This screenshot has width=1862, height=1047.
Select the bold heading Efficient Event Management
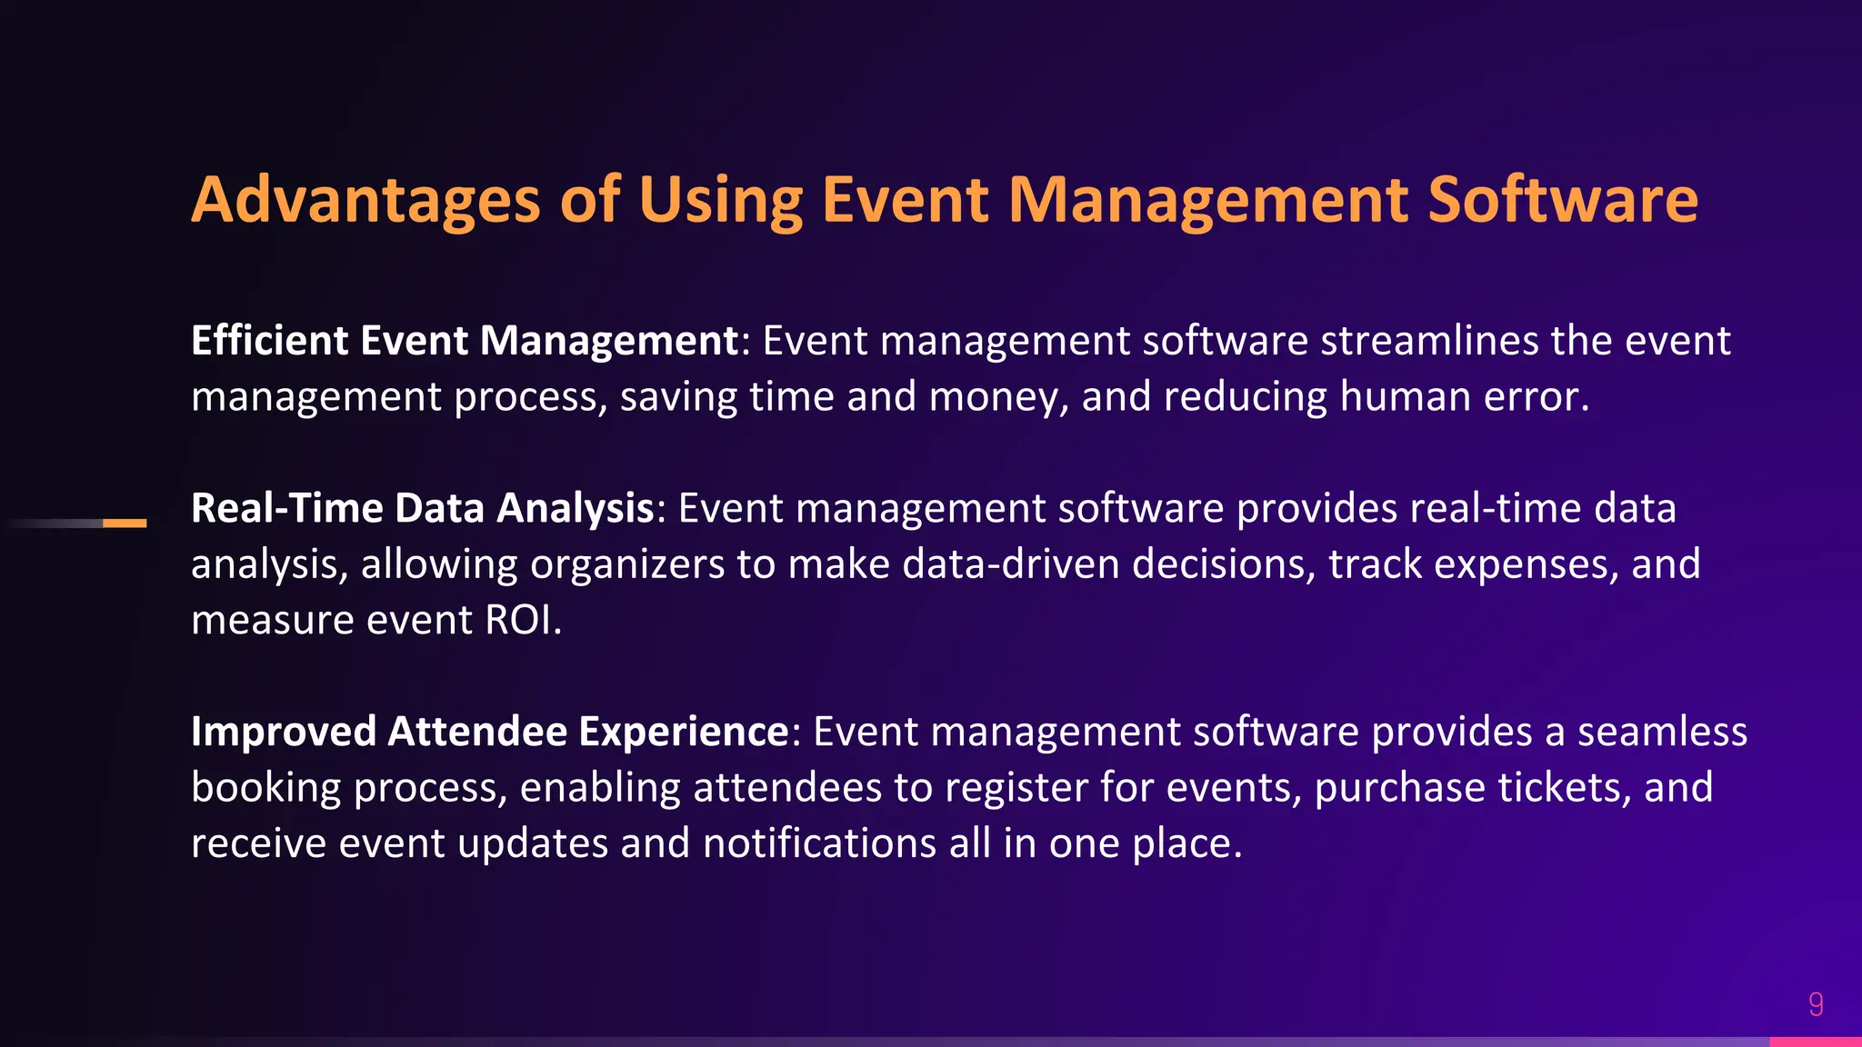click(x=465, y=342)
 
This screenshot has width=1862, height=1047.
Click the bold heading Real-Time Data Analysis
click(x=422, y=509)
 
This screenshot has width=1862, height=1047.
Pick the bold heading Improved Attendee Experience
click(x=490, y=733)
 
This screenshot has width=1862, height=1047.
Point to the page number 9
click(x=1816, y=1004)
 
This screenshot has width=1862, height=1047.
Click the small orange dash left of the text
click(x=125, y=523)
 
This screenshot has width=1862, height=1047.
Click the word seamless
click(x=1661, y=733)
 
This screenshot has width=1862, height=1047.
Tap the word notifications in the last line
click(x=819, y=844)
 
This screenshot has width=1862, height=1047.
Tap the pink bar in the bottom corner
click(x=1815, y=1042)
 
